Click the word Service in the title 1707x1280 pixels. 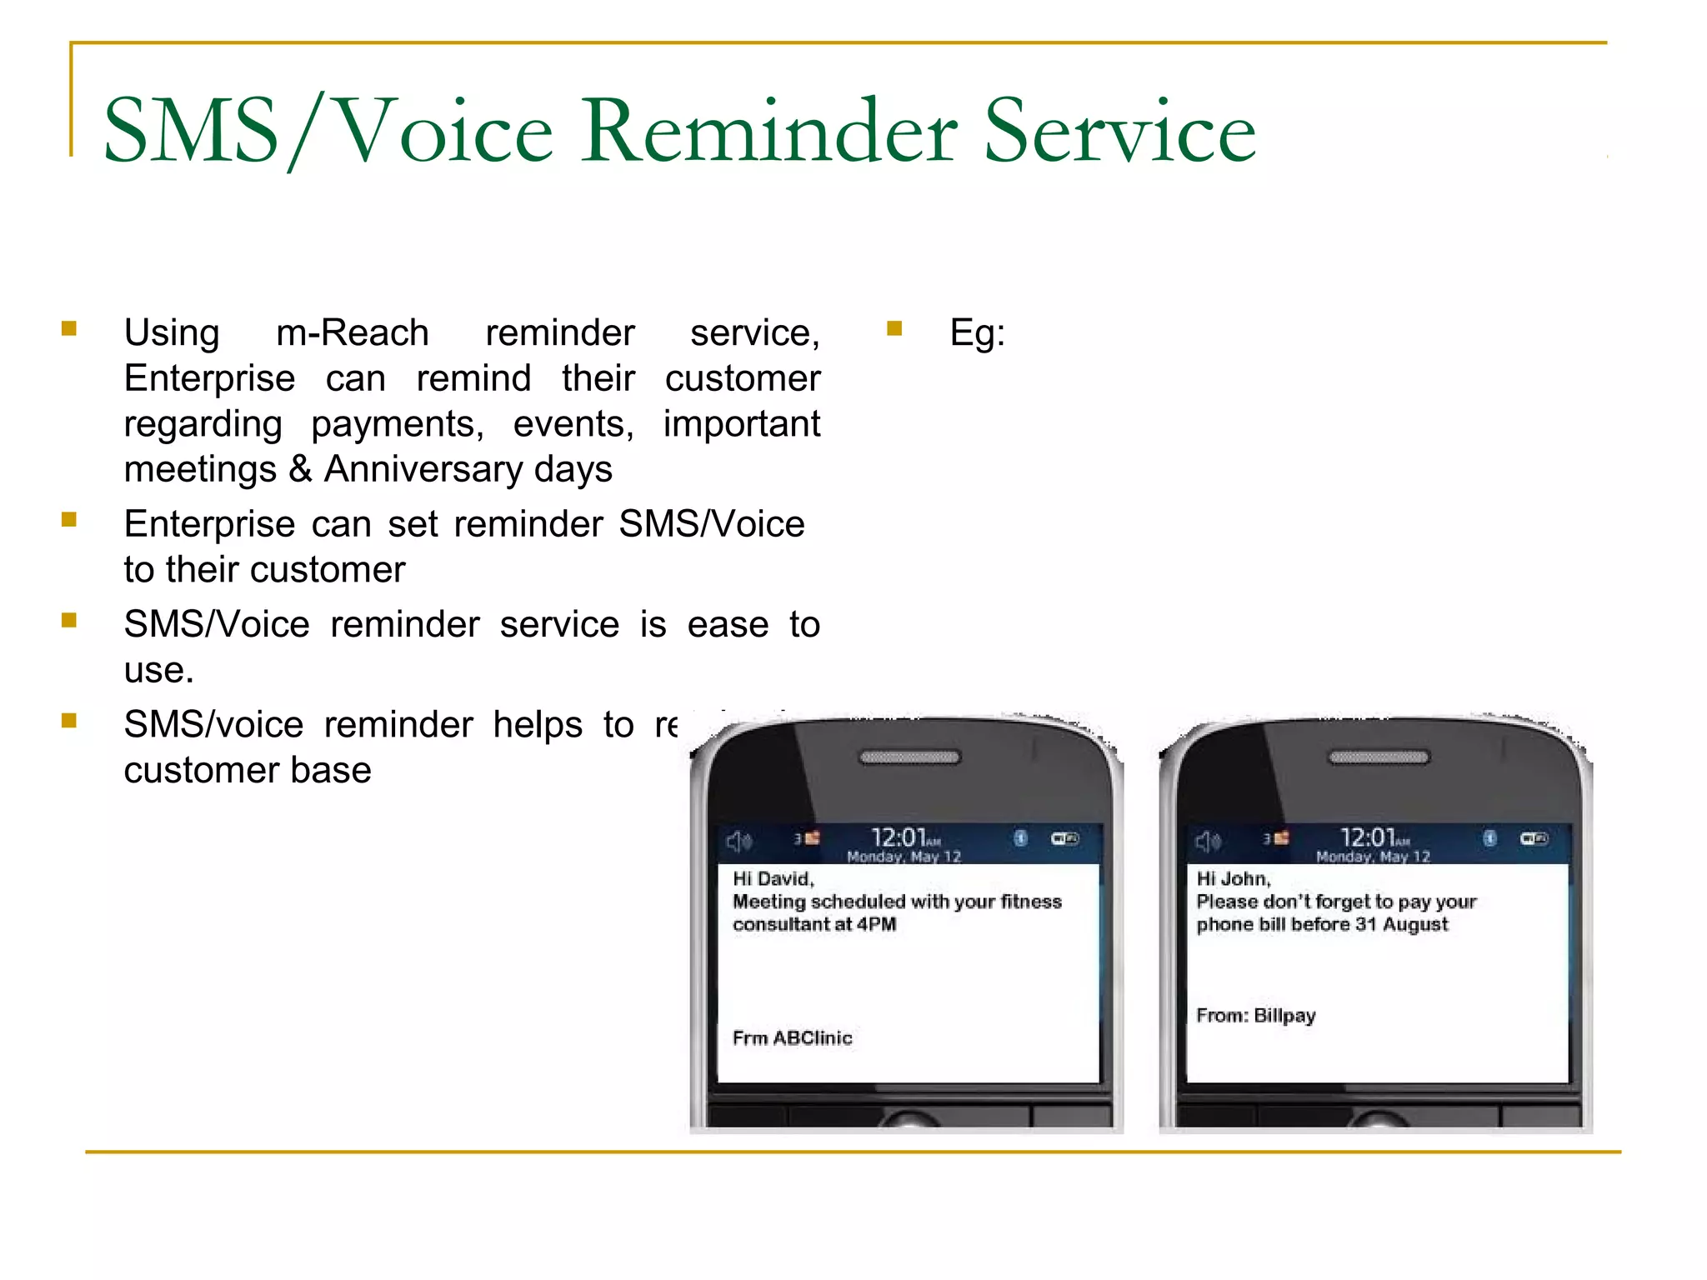(1119, 132)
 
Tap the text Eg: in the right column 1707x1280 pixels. (977, 333)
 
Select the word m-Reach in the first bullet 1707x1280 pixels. (352, 333)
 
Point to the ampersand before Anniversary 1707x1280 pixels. (300, 469)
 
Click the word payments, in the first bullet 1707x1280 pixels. (397, 424)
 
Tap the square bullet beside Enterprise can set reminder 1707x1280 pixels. (69, 521)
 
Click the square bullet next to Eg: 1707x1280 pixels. (894, 328)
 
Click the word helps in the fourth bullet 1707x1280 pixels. (537, 725)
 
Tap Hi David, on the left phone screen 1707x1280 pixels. (773, 878)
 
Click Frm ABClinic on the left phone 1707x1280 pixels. (792, 1037)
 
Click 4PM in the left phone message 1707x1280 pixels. (876, 924)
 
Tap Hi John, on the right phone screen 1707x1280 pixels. (1233, 878)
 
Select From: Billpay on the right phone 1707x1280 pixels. (1255, 1015)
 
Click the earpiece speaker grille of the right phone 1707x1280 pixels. (1378, 757)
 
